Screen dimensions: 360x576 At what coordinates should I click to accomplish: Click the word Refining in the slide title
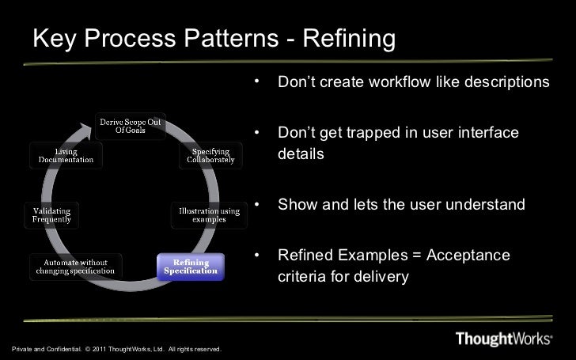[x=345, y=39]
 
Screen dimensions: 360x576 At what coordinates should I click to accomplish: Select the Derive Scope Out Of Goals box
[x=131, y=126]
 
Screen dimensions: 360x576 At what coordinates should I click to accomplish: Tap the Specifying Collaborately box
[x=210, y=155]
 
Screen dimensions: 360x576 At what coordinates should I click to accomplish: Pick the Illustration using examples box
[x=208, y=214]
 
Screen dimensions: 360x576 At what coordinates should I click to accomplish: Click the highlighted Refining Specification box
[x=191, y=267]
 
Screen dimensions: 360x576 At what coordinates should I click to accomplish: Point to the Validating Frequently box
[x=52, y=214]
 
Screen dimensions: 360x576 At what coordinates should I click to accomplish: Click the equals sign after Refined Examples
[x=417, y=256]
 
